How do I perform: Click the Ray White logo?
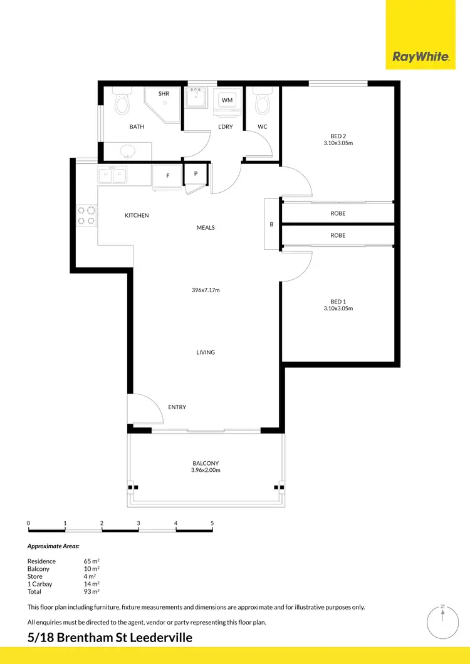[x=420, y=57]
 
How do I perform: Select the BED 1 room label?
[x=338, y=301]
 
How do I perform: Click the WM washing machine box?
[x=227, y=101]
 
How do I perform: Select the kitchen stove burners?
[x=86, y=215]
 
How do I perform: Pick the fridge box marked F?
[x=167, y=176]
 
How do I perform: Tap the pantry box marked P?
[x=196, y=173]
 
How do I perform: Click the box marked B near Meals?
[x=271, y=224]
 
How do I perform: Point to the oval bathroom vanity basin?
[x=127, y=151]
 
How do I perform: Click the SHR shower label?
[x=164, y=94]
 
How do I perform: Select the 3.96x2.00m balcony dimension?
[x=206, y=470]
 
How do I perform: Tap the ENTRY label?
[x=177, y=407]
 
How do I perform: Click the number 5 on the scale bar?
[x=212, y=523]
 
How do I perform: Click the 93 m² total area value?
[x=91, y=591]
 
